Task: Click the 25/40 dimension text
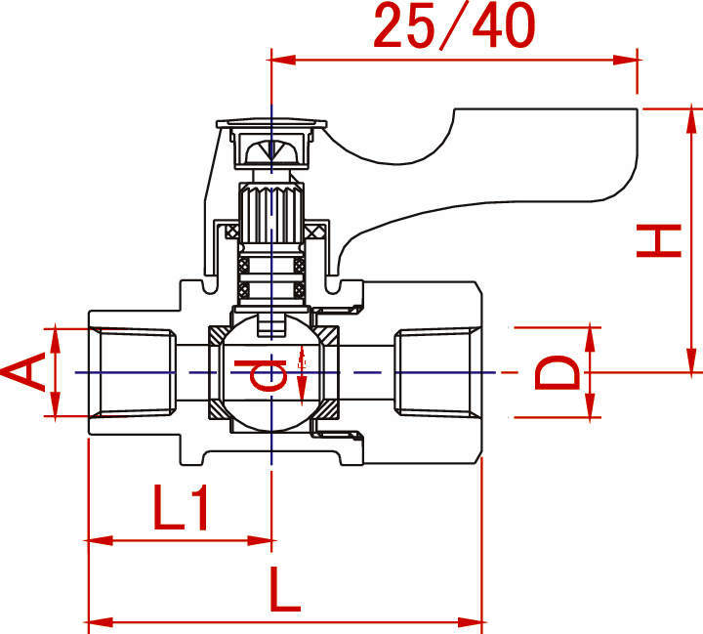455,25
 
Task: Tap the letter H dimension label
659,240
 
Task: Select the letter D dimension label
558,372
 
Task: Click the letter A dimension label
23,372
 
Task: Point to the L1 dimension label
181,507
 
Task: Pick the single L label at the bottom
285,589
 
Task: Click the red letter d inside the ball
260,375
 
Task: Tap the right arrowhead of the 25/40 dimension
625,60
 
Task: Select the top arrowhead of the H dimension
692,121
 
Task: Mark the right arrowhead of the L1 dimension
259,540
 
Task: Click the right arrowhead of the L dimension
470,622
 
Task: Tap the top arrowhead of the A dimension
55,341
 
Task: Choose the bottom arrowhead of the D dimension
590,405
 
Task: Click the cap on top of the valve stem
271,123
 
